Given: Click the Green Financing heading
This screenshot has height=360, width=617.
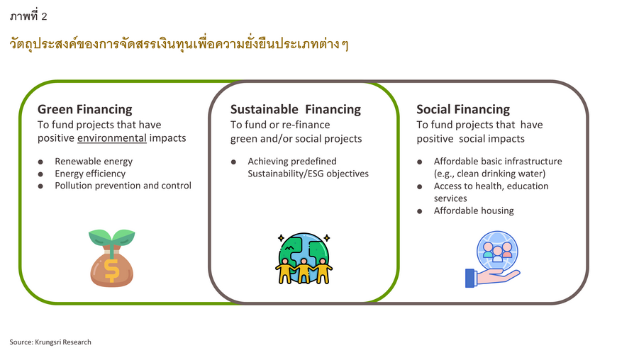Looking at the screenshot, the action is (x=84, y=109).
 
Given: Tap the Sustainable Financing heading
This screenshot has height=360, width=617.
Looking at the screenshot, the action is (x=296, y=109).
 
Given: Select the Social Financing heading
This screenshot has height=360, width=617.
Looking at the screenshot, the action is (x=463, y=109).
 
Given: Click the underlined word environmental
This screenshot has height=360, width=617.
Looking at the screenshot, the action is (x=112, y=138).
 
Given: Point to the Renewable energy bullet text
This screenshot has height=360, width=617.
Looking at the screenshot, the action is (x=94, y=162).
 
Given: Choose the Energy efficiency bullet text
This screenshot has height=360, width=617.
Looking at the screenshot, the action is (x=90, y=174).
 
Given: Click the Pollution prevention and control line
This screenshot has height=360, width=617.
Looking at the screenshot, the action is (x=123, y=186).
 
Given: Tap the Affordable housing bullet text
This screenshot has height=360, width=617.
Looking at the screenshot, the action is (x=474, y=211).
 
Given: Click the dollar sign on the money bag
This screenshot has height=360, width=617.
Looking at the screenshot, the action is (x=112, y=271).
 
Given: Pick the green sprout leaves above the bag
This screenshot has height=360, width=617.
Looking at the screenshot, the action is (x=112, y=237).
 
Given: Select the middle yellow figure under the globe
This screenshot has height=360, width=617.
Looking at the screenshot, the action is (x=304, y=271).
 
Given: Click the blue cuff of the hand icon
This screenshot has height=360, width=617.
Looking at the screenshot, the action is (x=470, y=279).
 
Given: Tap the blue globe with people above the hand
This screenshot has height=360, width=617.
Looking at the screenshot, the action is (x=497, y=252).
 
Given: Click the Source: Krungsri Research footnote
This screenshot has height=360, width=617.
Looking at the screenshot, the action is (x=50, y=342).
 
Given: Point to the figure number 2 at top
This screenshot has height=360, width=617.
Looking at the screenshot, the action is (x=44, y=16).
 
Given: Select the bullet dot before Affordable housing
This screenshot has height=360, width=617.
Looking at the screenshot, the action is (x=419, y=211).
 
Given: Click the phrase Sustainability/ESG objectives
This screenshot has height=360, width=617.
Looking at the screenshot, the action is (x=308, y=174).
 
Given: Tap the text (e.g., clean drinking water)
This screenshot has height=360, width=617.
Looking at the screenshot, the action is (x=489, y=174).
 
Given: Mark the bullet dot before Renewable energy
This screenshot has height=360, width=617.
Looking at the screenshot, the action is (x=40, y=162).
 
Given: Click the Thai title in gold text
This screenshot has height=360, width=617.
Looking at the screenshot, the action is (x=179, y=44).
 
